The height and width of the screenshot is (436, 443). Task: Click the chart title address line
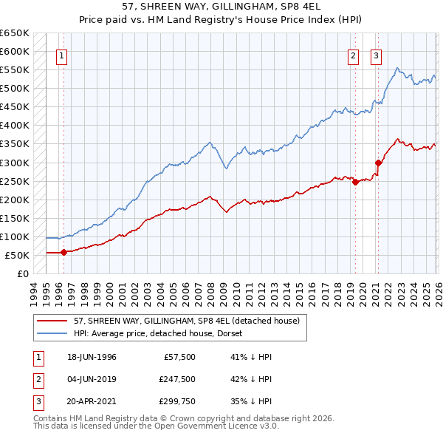(x=221, y=6)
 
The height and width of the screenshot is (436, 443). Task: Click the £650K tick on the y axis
(x=15, y=33)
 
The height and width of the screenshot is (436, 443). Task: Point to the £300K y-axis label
(x=15, y=163)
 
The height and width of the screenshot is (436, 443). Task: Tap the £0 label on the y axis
(x=22, y=273)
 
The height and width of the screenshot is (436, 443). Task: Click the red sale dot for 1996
(x=63, y=252)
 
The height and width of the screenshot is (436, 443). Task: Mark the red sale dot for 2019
(x=355, y=182)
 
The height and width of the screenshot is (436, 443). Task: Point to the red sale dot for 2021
(x=378, y=163)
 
